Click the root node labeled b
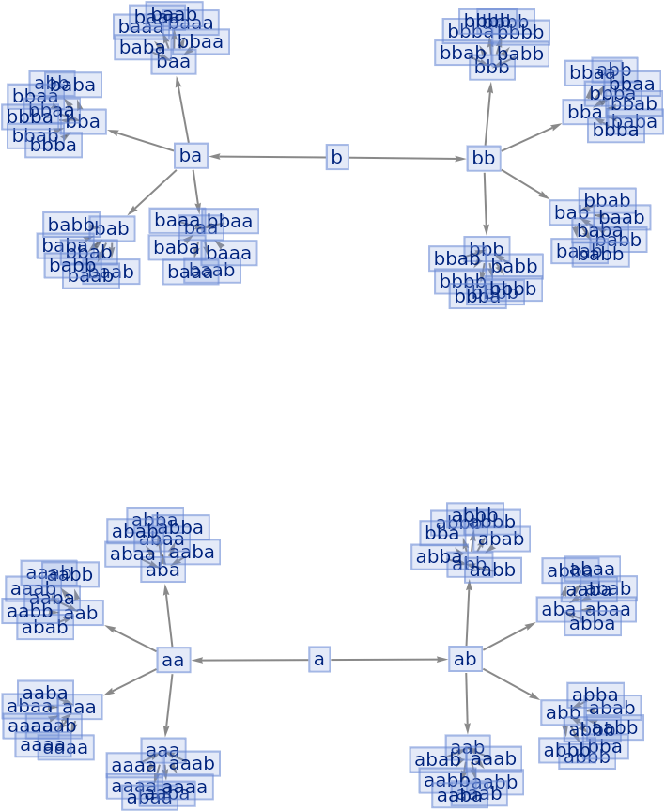(x=337, y=157)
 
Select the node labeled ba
(x=191, y=156)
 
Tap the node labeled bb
(x=483, y=158)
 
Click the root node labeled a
(x=319, y=660)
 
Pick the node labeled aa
(x=173, y=660)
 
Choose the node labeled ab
(x=465, y=659)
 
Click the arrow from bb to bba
(x=530, y=136)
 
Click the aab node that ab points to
(x=467, y=748)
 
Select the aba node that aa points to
(x=163, y=570)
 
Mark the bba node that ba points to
(x=84, y=121)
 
